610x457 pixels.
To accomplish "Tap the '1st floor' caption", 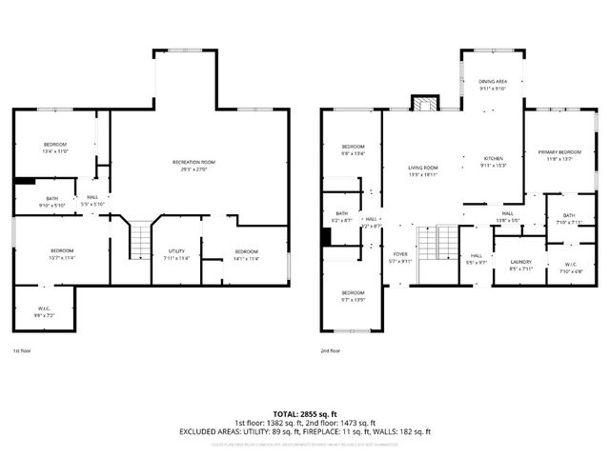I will (22, 350).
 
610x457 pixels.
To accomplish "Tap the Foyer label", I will (400, 256).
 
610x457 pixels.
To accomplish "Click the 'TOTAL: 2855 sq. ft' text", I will (305, 413).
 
